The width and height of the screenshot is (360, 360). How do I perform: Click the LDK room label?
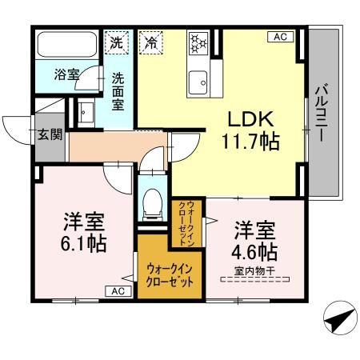pyautogui.click(x=250, y=120)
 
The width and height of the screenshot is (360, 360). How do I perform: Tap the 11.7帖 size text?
pyautogui.click(x=250, y=145)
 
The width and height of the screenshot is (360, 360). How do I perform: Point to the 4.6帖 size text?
pyautogui.click(x=255, y=253)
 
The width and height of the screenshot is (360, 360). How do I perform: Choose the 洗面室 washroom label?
pyautogui.click(x=118, y=91)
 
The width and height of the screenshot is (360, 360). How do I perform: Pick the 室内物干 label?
pyautogui.click(x=255, y=273)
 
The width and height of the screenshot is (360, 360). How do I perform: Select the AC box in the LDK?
pyautogui.click(x=281, y=37)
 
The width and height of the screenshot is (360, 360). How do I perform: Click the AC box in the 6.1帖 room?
pyautogui.click(x=118, y=291)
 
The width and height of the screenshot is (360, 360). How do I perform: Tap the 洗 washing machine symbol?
pyautogui.click(x=117, y=42)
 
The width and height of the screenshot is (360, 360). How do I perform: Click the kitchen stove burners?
pyautogui.click(x=197, y=42)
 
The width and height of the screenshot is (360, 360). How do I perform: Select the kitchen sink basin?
pyautogui.click(x=197, y=80)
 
